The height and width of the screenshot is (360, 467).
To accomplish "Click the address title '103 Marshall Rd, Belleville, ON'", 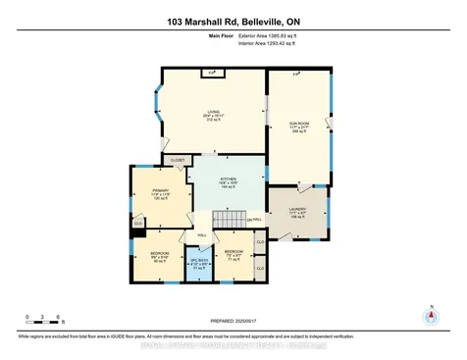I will [x=233, y=22].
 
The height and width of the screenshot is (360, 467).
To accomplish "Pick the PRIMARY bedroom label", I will [x=161, y=192].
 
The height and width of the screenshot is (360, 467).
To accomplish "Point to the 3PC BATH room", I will [x=200, y=263].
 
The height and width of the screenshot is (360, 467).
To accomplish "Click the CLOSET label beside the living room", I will [x=177, y=159].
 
